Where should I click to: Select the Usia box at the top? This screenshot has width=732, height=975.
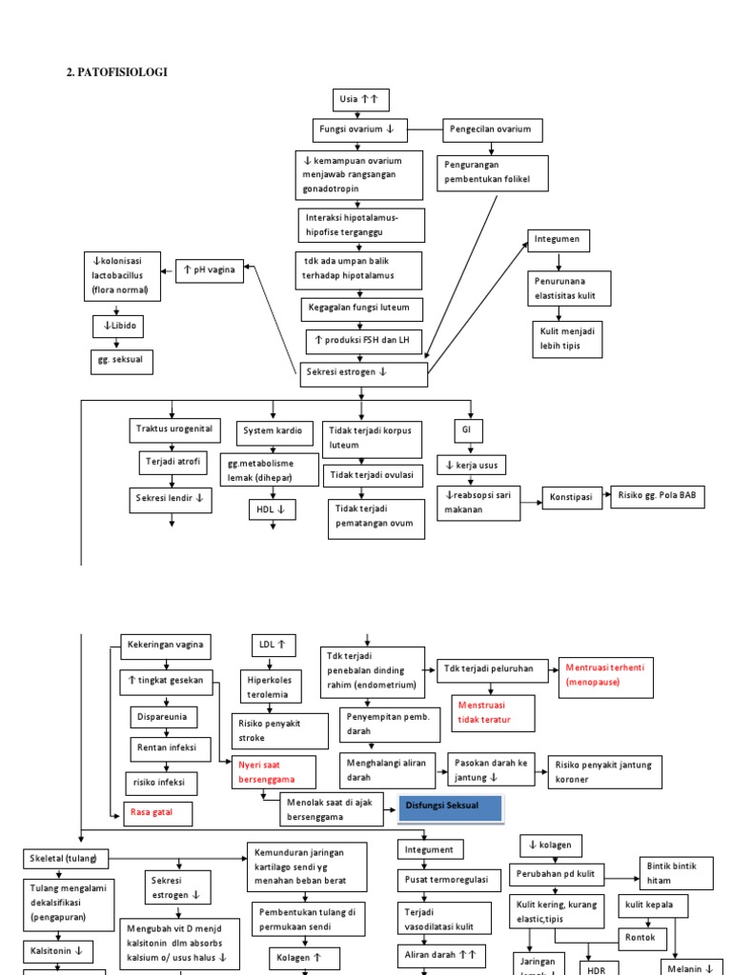(359, 100)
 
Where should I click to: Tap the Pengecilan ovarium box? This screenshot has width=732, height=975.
(491, 129)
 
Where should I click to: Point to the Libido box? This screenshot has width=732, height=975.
(116, 327)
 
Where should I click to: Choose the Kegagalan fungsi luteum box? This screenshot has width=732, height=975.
(358, 308)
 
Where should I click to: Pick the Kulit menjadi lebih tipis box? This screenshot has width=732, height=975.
(569, 339)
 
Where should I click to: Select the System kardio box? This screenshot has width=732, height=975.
(274, 432)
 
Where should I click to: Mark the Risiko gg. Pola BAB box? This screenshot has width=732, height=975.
(658, 496)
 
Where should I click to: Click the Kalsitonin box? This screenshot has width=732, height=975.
(58, 950)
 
